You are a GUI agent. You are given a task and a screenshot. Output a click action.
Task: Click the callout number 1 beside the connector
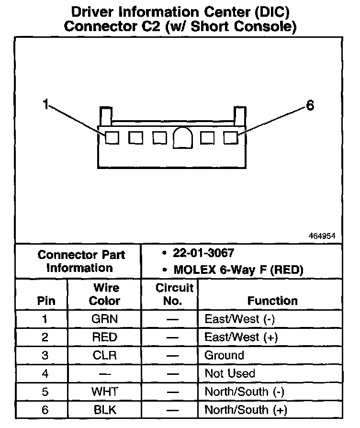45,104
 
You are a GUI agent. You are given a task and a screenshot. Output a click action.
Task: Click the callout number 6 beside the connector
310,106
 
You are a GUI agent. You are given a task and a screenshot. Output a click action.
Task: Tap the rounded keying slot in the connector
183,138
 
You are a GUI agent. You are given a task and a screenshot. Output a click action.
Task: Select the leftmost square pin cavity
112,138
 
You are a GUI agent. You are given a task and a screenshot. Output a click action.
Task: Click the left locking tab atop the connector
105,116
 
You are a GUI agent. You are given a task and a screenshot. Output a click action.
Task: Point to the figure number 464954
322,236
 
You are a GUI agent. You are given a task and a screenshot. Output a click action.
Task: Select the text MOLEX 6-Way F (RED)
238,270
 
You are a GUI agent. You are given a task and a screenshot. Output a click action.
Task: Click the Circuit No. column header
174,294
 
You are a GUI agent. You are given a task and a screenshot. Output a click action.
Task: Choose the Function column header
272,301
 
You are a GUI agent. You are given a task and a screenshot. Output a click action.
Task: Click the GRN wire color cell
104,319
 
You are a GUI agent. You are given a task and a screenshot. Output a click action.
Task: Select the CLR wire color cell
104,355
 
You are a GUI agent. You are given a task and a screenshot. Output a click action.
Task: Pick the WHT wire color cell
104,392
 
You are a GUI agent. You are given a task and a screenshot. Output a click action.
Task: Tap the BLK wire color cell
104,410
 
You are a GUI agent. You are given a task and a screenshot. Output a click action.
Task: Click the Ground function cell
224,355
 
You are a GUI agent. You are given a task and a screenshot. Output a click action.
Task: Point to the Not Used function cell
230,373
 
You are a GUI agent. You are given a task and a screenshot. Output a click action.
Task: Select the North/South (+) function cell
246,410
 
